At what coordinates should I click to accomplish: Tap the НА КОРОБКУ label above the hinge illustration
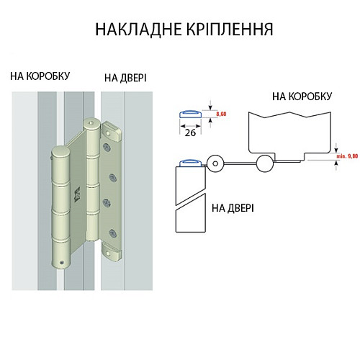[x=40, y=75]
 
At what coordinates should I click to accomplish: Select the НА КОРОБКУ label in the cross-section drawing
[x=302, y=96]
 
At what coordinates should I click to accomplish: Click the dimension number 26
[x=191, y=132]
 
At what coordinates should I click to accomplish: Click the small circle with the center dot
[x=215, y=163]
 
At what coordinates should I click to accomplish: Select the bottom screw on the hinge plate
[x=111, y=232]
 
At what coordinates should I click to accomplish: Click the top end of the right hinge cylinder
[x=91, y=124]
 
